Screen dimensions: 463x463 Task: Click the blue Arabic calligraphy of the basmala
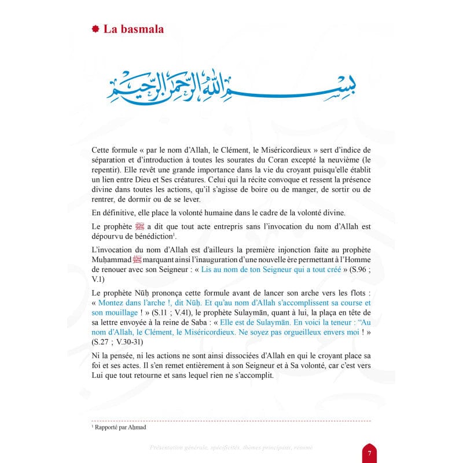tap(232, 87)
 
